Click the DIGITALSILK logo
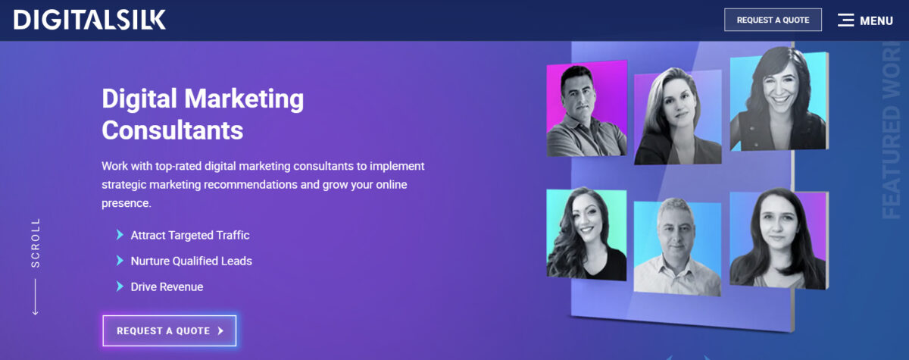(89, 20)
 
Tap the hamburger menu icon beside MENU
(845, 20)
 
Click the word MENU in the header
(876, 20)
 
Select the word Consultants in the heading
(173, 130)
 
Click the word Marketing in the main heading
(244, 99)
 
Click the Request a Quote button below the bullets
(170, 330)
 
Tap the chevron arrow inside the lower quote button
(220, 330)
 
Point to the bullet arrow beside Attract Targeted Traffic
(120, 235)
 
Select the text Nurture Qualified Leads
(191, 261)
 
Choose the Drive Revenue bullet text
(167, 287)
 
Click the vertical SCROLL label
(36, 243)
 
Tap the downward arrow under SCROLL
(36, 296)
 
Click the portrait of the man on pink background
(586, 109)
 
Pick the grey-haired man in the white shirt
(677, 248)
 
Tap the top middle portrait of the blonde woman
(678, 117)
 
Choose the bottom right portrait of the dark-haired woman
(779, 239)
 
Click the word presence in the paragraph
(127, 203)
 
